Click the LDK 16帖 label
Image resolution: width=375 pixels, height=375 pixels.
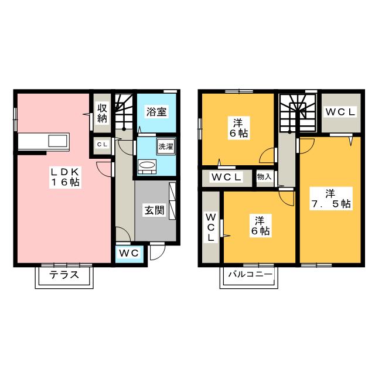click(x=64, y=176)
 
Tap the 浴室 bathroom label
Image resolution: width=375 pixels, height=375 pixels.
click(x=156, y=110)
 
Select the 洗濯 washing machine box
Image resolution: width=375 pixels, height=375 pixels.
click(x=165, y=146)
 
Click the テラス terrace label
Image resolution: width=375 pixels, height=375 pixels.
click(x=64, y=276)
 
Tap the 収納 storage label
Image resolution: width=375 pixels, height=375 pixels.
click(x=103, y=113)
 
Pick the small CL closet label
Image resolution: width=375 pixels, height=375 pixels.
click(x=102, y=144)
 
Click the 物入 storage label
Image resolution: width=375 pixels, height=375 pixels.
click(x=264, y=177)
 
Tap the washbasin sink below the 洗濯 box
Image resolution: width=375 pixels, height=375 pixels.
click(x=147, y=166)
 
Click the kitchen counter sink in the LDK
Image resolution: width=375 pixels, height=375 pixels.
click(x=59, y=141)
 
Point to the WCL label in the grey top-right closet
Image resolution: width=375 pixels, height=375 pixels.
click(x=340, y=112)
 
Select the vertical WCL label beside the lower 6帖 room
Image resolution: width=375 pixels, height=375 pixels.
click(x=210, y=227)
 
